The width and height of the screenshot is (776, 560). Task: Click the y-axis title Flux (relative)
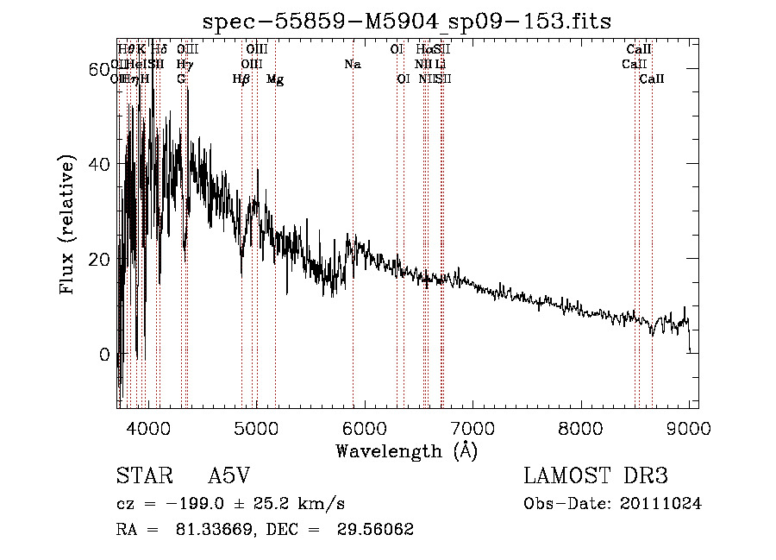point(68,223)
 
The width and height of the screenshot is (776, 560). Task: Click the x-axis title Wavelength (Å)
point(406,450)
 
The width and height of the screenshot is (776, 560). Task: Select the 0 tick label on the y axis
point(103,355)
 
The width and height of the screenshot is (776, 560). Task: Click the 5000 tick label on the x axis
point(256,427)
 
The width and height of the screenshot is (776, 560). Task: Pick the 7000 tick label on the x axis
point(472,427)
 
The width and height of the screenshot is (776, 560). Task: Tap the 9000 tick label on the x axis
point(689,427)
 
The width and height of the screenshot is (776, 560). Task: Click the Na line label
point(352,64)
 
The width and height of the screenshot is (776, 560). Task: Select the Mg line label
point(275,79)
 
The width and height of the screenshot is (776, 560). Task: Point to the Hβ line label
point(241,79)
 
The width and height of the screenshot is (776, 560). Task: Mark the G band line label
point(181,79)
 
